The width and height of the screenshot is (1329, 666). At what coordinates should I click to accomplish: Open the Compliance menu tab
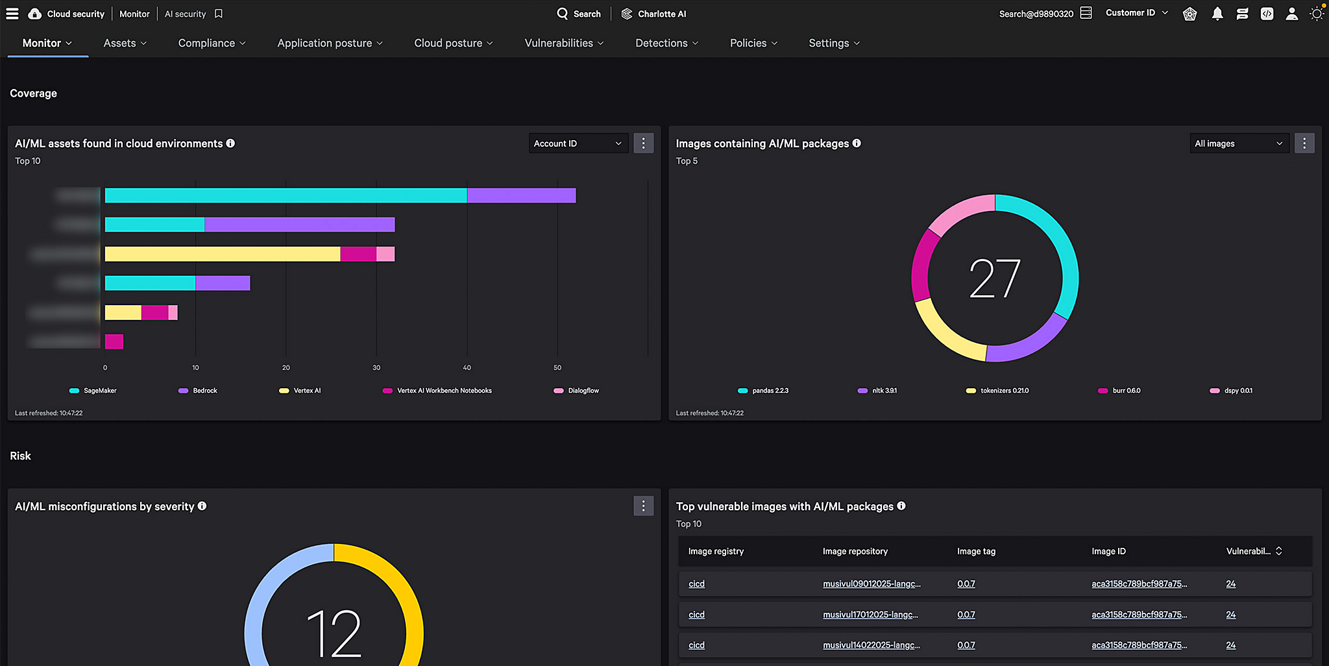coord(212,43)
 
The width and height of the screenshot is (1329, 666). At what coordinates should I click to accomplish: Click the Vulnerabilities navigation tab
coord(563,43)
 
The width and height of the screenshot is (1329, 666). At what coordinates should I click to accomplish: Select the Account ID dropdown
coord(578,143)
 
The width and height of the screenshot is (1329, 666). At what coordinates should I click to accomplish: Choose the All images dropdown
coord(1238,143)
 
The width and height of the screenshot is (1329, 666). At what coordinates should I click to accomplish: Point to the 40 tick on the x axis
coord(467,367)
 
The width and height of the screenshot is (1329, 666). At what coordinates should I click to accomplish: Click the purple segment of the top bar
coord(521,195)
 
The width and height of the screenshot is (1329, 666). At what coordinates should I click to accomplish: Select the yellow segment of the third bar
coord(223,254)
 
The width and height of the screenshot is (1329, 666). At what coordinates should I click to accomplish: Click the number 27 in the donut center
coord(995,278)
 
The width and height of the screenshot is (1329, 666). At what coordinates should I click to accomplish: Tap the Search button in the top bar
coord(579,14)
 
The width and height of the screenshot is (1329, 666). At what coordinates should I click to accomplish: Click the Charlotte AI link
coord(653,14)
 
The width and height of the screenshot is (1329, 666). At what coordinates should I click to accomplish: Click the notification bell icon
coord(1217,14)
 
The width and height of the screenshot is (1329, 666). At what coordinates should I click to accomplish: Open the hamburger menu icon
coord(12,14)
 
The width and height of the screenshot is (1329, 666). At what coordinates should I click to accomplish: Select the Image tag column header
coord(976,551)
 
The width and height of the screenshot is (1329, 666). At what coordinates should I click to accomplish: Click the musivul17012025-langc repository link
coord(870,615)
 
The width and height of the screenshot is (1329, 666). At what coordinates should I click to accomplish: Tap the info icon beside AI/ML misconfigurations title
coord(202,506)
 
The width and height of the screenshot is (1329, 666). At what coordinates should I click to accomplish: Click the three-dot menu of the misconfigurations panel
coord(643,506)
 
